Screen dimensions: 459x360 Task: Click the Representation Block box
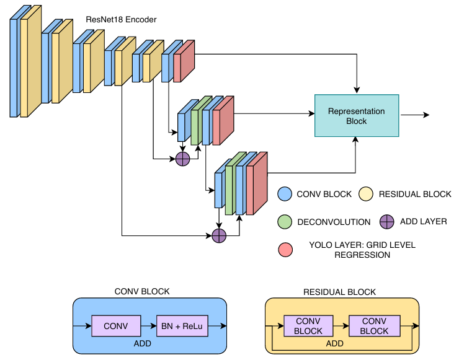(357, 115)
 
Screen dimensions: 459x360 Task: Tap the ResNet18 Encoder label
(121, 20)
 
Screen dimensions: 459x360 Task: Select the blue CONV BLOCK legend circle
(285, 194)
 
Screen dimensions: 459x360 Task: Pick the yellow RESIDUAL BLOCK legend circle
(366, 194)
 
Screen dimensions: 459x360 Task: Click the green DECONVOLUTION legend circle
(285, 222)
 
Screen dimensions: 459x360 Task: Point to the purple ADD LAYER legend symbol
(386, 222)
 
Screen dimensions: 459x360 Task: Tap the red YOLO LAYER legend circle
(285, 250)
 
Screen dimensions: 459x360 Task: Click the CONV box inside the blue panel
(116, 326)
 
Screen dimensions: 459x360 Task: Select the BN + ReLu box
(182, 326)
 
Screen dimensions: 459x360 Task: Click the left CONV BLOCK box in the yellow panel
(308, 326)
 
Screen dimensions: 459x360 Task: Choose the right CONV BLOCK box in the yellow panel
(375, 326)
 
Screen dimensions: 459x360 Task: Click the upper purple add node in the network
(182, 159)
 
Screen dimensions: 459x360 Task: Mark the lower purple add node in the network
(219, 235)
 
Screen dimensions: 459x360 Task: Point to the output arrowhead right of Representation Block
(427, 115)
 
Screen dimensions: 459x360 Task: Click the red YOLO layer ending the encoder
(184, 61)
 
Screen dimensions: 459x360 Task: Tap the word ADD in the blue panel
(143, 343)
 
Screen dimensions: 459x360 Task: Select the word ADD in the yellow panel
(335, 343)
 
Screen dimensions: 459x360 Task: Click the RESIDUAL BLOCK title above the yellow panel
(339, 292)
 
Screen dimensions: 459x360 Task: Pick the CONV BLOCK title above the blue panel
(142, 291)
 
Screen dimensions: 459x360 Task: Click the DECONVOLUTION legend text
(334, 222)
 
